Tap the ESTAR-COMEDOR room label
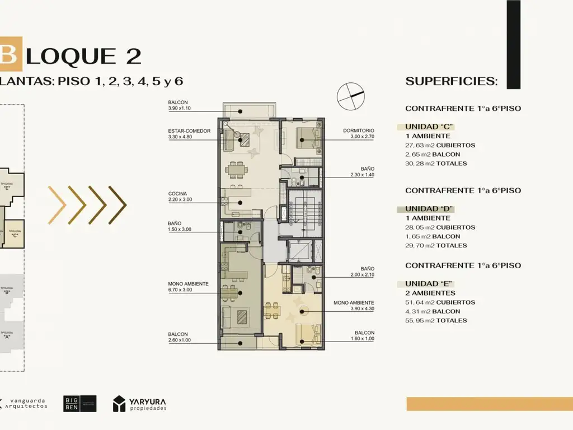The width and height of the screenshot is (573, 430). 189,130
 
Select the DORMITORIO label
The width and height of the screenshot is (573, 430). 359,130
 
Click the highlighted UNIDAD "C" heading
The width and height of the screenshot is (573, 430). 429,127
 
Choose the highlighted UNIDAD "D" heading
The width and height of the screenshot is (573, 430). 429,209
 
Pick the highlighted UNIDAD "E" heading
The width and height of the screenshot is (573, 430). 429,283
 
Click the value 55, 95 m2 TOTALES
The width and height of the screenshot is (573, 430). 436,320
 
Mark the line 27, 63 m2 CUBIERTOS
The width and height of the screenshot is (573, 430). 440,145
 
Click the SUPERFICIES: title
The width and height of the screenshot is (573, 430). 451,81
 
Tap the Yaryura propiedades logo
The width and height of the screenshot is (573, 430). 139,404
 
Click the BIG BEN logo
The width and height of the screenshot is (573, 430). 79,404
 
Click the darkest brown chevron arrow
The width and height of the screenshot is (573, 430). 117,205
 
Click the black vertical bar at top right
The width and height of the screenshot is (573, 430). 513,44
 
